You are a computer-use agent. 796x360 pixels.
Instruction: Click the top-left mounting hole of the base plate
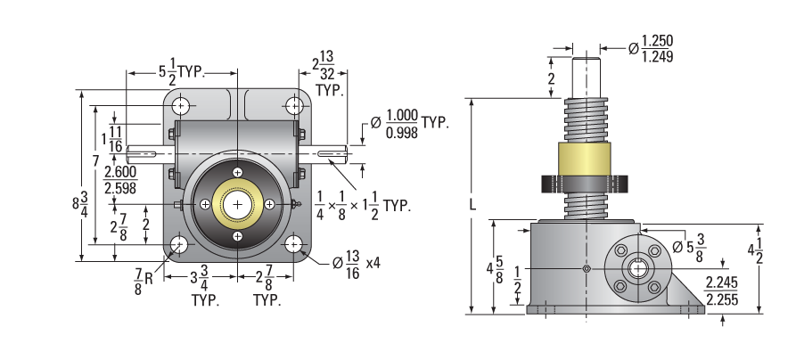coord(181,106)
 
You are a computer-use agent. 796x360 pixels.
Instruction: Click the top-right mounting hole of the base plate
coord(294,106)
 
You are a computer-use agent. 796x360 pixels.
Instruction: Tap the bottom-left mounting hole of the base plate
coord(178,244)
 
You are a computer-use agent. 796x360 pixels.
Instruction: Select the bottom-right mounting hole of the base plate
coord(293,244)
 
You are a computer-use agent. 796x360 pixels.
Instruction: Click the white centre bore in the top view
coord(238,204)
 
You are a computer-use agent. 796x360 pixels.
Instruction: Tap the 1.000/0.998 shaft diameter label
coord(409,123)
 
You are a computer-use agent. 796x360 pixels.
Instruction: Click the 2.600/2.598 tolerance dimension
coord(120,180)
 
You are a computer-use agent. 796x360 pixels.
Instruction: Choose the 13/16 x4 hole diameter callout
coord(357,265)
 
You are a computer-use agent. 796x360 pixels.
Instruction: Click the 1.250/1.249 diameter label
coord(651,49)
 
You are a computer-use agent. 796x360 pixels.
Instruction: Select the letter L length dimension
coord(472,205)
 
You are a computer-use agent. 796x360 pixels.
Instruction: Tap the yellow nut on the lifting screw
coord(585,159)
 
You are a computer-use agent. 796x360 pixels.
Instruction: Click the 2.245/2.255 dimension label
coord(721,291)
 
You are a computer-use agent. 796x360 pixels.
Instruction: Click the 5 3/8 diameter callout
coord(688,248)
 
